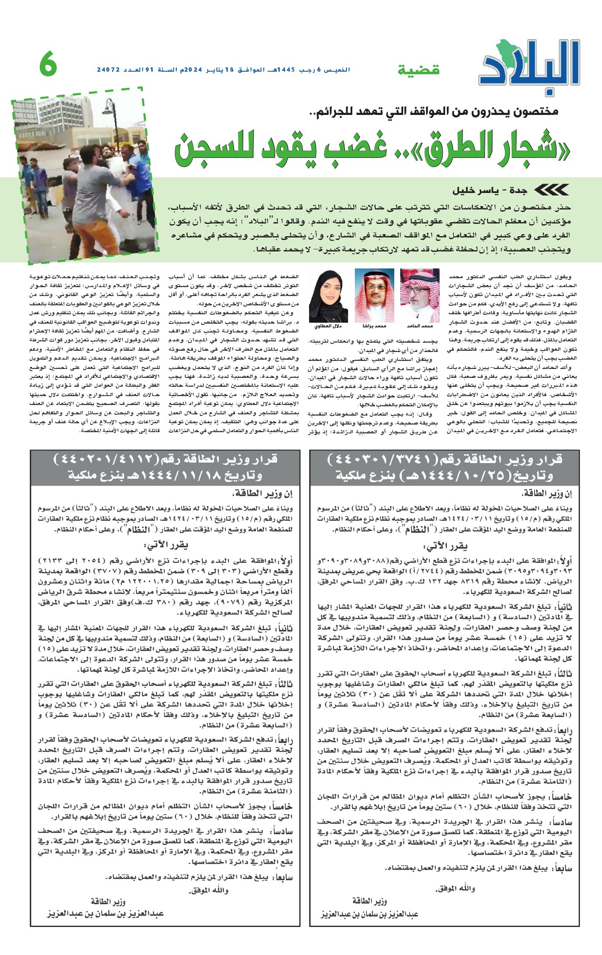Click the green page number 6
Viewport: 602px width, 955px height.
pyautogui.click(x=48, y=64)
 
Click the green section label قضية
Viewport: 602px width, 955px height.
pyautogui.click(x=419, y=70)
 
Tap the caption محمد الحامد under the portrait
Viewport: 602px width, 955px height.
pyautogui.click(x=419, y=326)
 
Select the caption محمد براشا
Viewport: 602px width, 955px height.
pyautogui.click(x=374, y=326)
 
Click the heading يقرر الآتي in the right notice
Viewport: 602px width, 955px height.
pyautogui.click(x=446, y=546)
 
